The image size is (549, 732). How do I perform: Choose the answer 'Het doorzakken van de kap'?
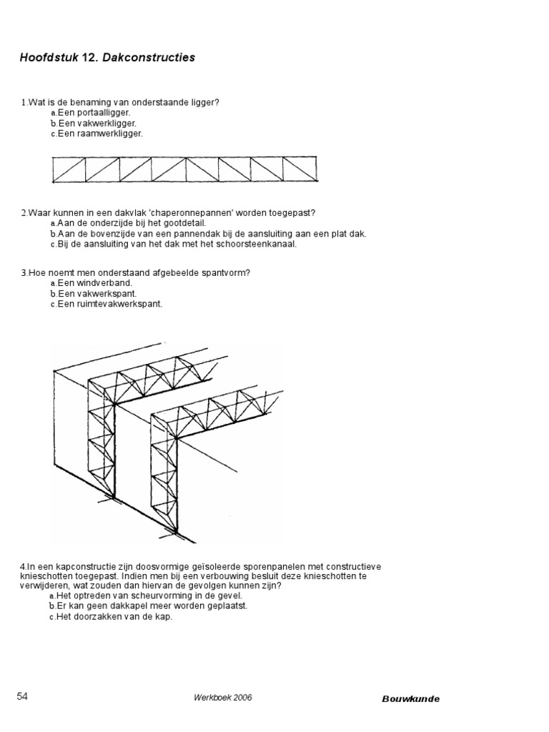coord(114,616)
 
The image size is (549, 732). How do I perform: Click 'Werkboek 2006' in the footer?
coord(222,698)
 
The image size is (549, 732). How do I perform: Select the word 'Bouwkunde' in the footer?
coord(410,698)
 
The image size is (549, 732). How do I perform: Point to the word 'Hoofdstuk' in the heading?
coord(45,58)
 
